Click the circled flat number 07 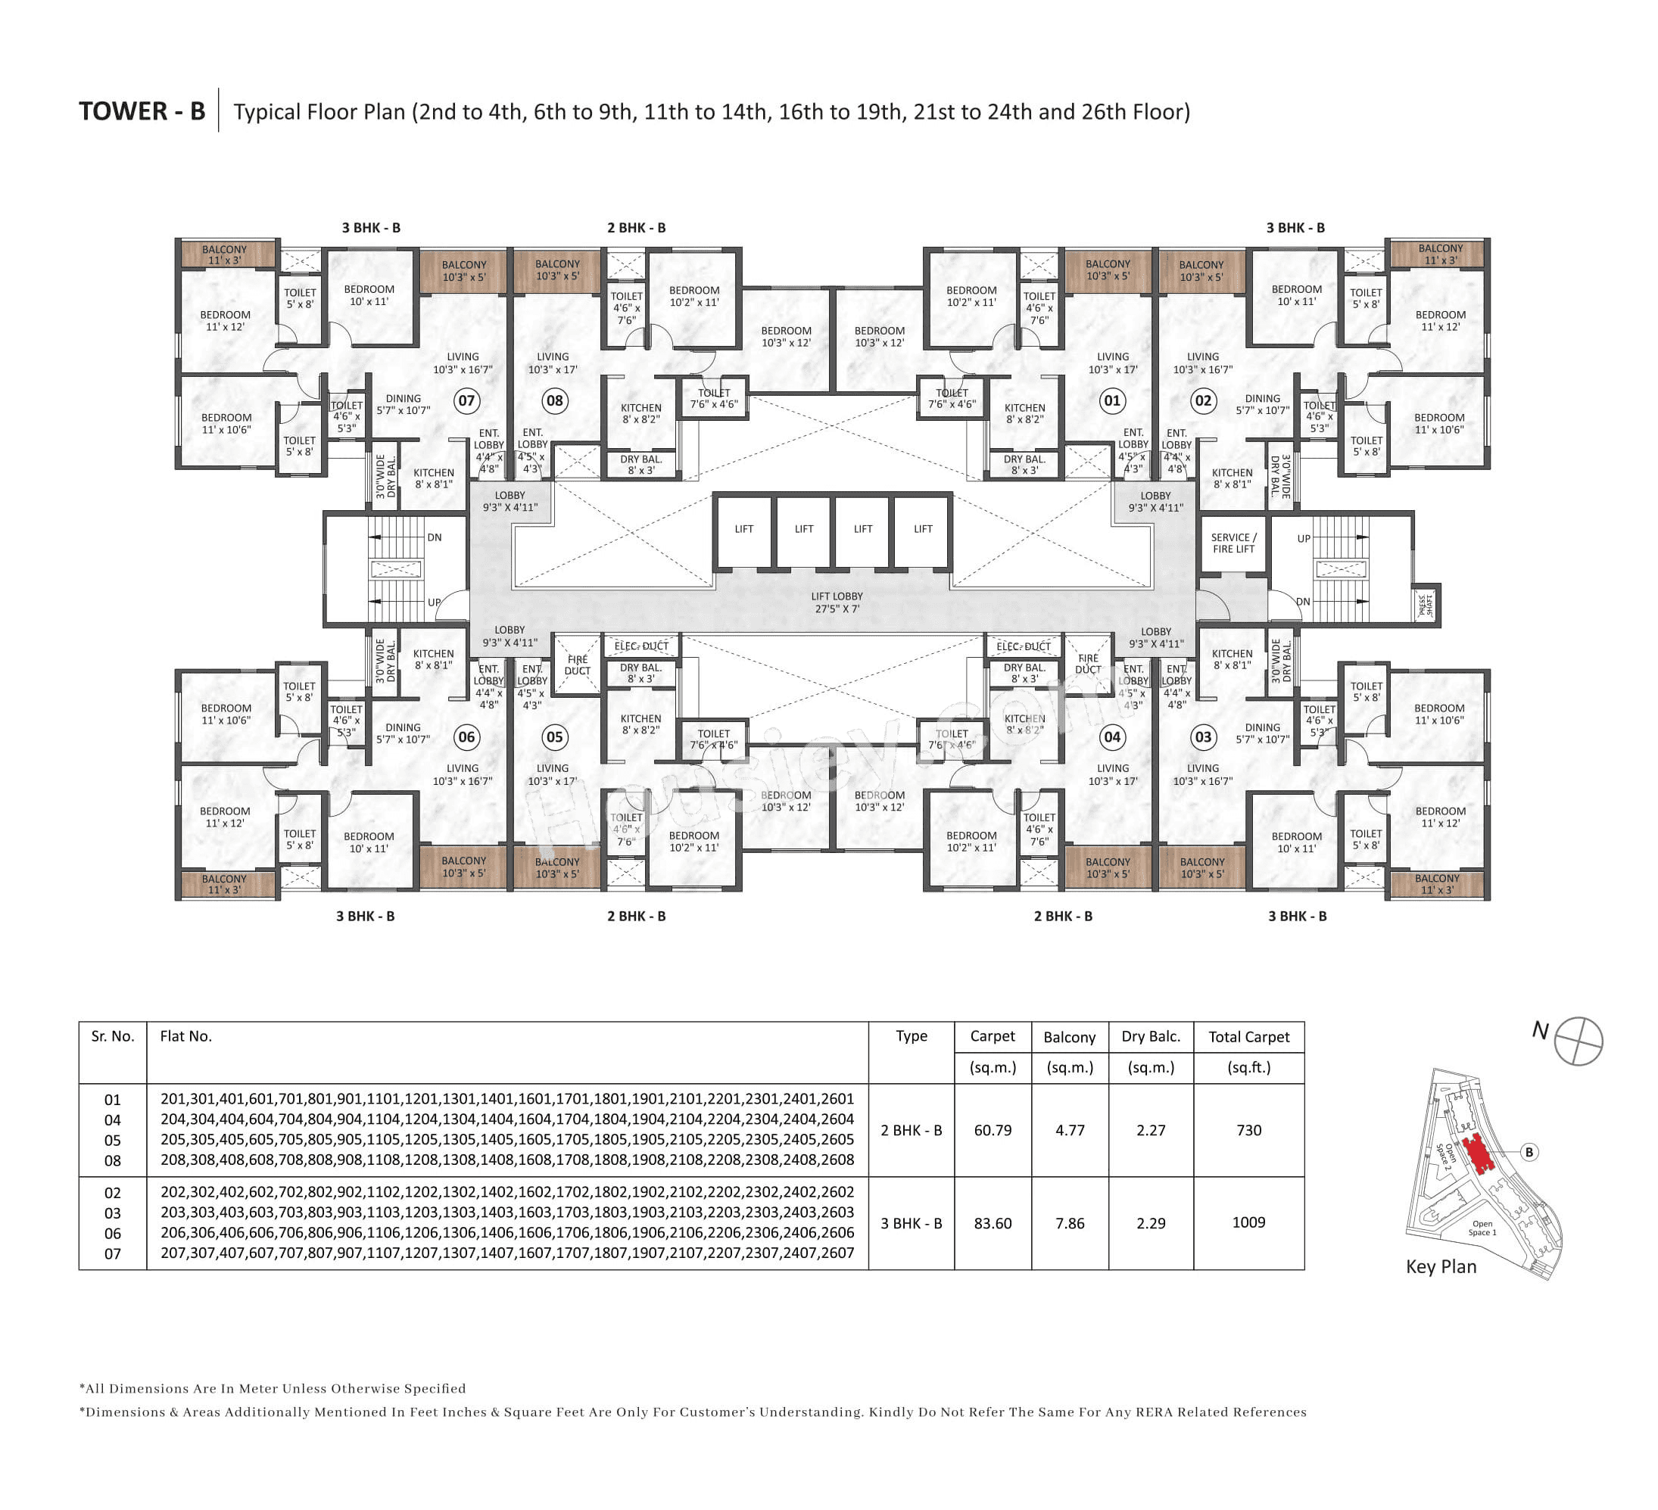(466, 400)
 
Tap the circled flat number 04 (1112, 737)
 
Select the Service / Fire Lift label (1233, 543)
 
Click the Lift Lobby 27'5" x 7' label (837, 602)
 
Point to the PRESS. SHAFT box (1427, 606)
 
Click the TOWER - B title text (142, 111)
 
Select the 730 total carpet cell (1248, 1130)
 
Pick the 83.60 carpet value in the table (993, 1223)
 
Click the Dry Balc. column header (1151, 1036)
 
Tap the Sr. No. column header (113, 1036)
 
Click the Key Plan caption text (1441, 1266)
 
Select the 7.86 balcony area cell (1069, 1223)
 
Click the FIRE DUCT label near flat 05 (578, 665)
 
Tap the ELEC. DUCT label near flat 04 (1023, 646)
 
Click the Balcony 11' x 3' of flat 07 (225, 255)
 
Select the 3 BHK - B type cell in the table (912, 1223)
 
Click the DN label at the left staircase (435, 537)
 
